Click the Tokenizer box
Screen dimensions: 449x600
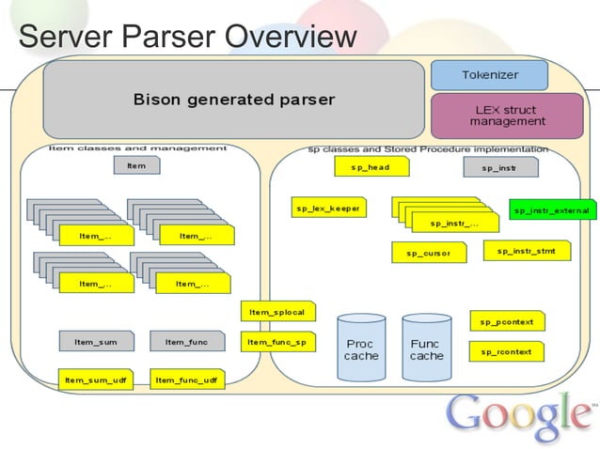click(488, 75)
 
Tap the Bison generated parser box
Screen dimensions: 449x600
click(233, 99)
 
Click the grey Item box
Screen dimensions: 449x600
click(136, 165)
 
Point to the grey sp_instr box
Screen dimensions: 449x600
click(501, 167)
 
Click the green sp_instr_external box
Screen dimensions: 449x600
click(552, 210)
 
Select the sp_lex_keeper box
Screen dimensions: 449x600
click(330, 209)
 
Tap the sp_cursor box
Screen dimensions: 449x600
click(429, 253)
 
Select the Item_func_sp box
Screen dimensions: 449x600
click(277, 343)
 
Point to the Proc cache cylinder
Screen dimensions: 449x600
click(361, 348)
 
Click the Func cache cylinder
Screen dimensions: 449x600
click(426, 348)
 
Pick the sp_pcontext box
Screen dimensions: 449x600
click(506, 321)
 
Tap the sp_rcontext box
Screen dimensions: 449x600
click(506, 351)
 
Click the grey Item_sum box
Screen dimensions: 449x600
click(96, 342)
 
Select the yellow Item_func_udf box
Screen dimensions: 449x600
click(186, 379)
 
